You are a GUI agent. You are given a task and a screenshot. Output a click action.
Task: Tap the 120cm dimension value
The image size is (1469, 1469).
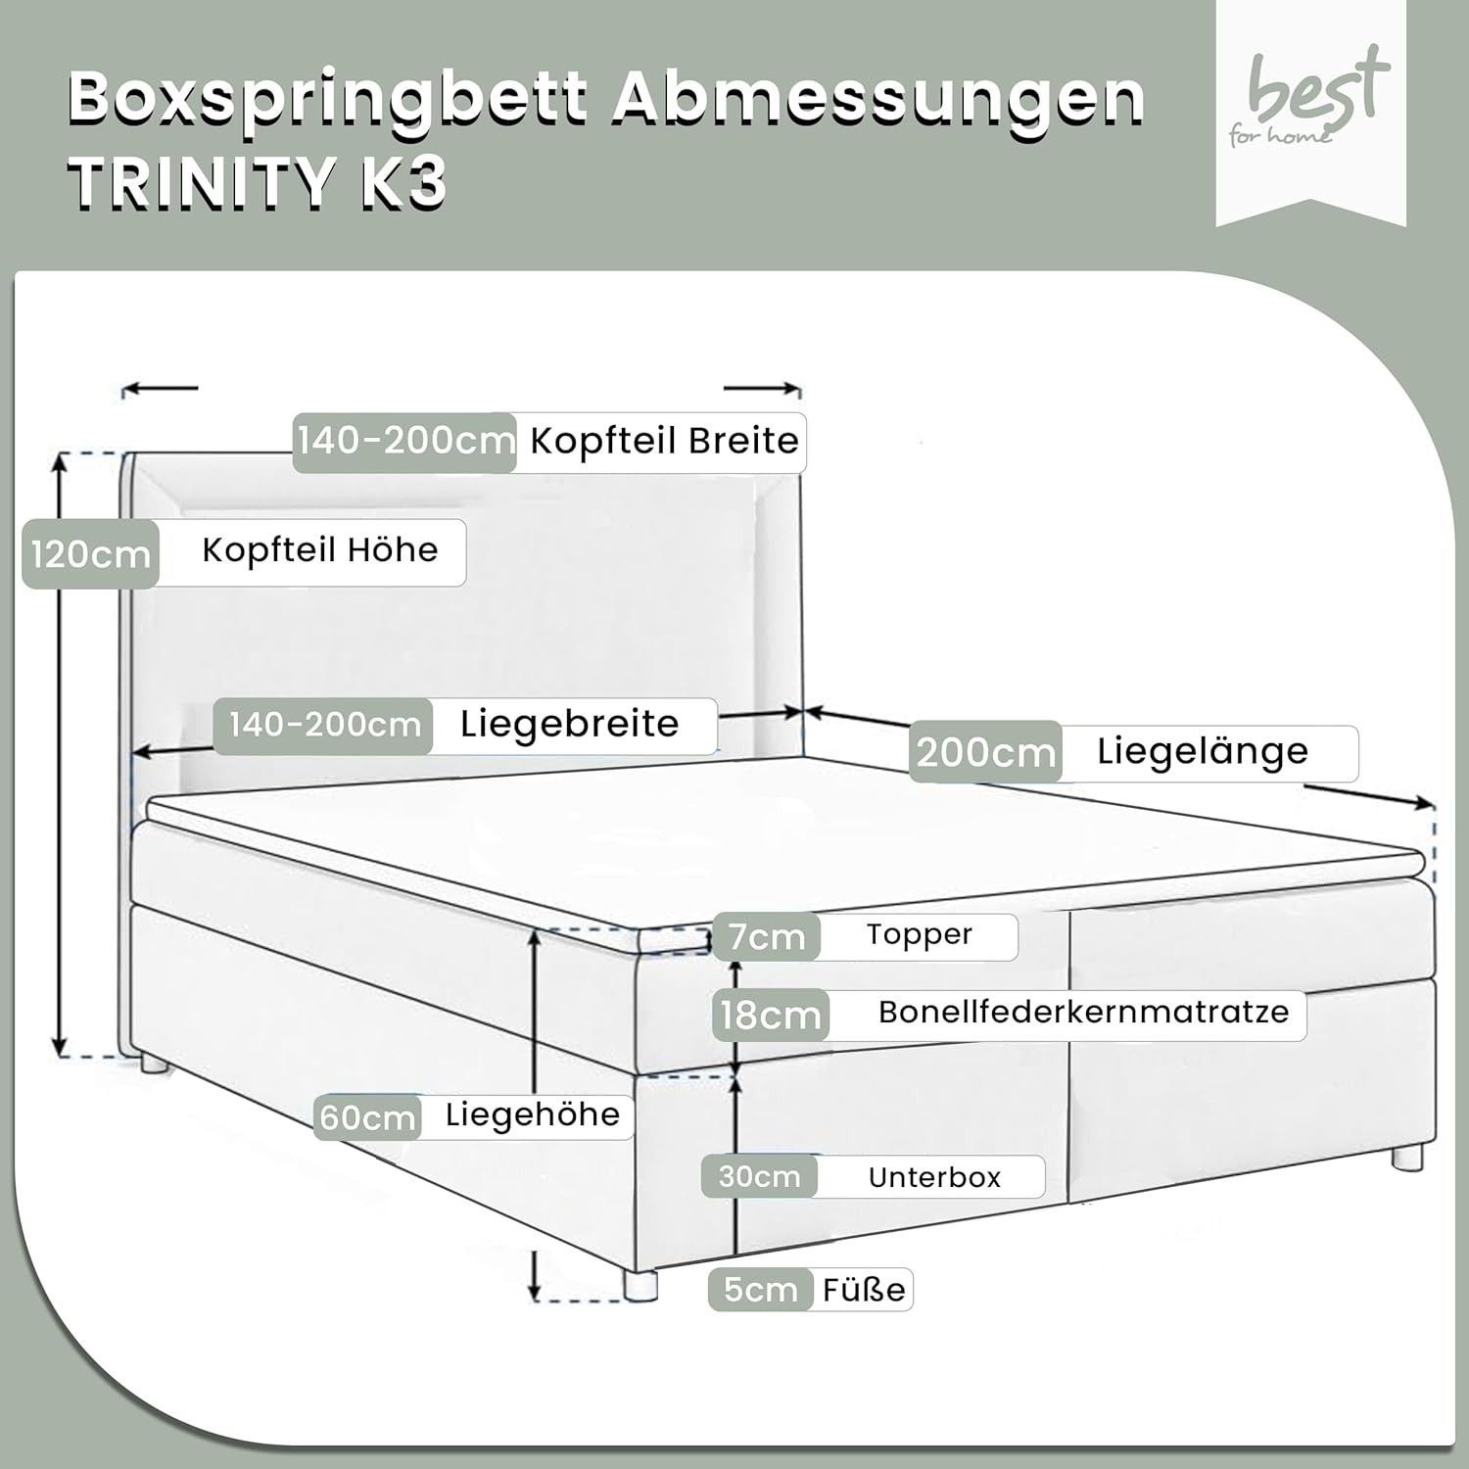[91, 555]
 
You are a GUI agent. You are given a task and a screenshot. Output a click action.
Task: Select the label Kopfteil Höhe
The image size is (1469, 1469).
[319, 550]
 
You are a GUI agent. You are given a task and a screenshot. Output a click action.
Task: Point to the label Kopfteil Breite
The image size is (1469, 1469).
[664, 441]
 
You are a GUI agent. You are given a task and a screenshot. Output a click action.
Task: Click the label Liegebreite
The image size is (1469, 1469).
[569, 725]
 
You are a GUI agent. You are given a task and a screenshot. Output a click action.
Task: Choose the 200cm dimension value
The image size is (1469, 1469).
[986, 752]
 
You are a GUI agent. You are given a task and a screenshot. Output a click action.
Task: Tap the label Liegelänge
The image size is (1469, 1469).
[1203, 751]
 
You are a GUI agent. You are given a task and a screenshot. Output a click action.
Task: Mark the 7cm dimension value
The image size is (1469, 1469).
[767, 937]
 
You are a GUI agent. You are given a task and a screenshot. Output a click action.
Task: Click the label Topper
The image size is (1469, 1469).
[919, 934]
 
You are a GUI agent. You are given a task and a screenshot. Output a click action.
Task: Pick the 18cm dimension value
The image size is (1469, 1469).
[771, 1015]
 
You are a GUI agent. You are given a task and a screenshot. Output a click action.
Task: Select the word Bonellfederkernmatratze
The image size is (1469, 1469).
[1083, 1012]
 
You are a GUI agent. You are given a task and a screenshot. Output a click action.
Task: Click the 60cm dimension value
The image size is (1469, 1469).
[368, 1117]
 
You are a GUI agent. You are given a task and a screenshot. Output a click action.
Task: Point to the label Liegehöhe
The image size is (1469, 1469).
[533, 1114]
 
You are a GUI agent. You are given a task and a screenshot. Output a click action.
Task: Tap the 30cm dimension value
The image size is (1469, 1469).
[759, 1176]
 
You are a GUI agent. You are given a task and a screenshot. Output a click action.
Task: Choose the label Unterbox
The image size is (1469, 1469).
[934, 1176]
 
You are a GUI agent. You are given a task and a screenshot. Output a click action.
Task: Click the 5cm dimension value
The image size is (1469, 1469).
[760, 1290]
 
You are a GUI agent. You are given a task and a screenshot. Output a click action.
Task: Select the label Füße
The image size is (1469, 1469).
[864, 1289]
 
